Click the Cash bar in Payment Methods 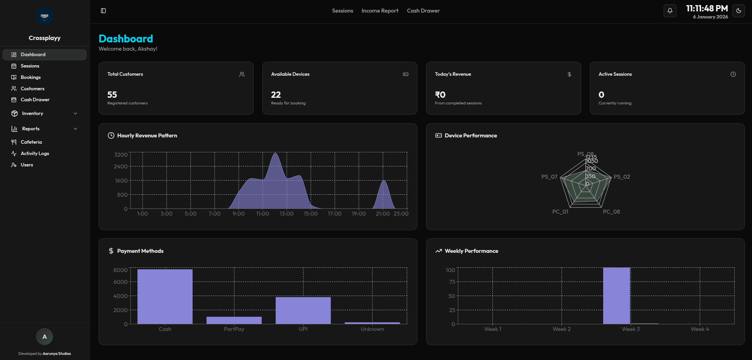click(x=165, y=296)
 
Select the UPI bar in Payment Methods click(x=303, y=310)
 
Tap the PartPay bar click(x=234, y=320)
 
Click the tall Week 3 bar click(x=617, y=296)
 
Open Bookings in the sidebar click(x=31, y=77)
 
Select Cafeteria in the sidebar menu click(x=31, y=142)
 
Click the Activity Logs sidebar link click(x=35, y=154)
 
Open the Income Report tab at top click(x=380, y=11)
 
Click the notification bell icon click(x=670, y=11)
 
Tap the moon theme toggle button click(x=739, y=11)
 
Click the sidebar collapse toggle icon click(x=103, y=11)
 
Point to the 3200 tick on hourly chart click(x=121, y=155)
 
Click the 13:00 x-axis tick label click(x=287, y=214)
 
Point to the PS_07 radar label click(x=549, y=177)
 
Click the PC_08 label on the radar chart click(x=611, y=212)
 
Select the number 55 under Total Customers click(x=112, y=95)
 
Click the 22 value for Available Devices click(x=276, y=95)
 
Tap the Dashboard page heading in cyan click(x=126, y=38)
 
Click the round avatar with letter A click(x=44, y=336)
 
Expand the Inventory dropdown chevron click(x=75, y=113)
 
